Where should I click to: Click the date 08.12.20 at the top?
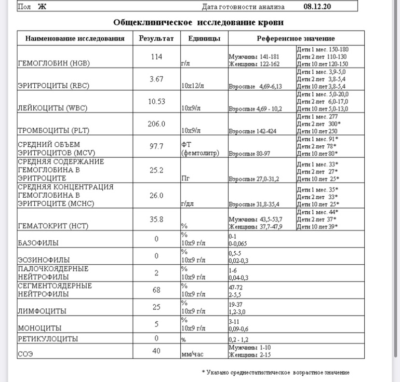[x=317, y=7]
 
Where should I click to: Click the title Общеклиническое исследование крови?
[x=198, y=23]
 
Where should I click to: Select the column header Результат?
[x=156, y=38]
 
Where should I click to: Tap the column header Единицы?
[x=204, y=38]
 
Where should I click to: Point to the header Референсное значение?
[x=296, y=38]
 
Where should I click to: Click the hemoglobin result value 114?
[x=156, y=57]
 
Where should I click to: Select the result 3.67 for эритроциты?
[x=156, y=79]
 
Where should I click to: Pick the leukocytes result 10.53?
[x=156, y=102]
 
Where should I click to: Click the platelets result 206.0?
[x=156, y=124]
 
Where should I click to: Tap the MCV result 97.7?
[x=156, y=147]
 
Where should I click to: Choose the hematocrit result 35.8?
[x=156, y=219]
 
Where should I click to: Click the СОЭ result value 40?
[x=156, y=351]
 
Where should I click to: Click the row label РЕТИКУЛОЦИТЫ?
[x=48, y=339]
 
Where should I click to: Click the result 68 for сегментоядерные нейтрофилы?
[x=156, y=290]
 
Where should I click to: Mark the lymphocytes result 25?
[x=156, y=307]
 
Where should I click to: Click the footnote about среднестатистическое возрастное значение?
[x=275, y=372]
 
